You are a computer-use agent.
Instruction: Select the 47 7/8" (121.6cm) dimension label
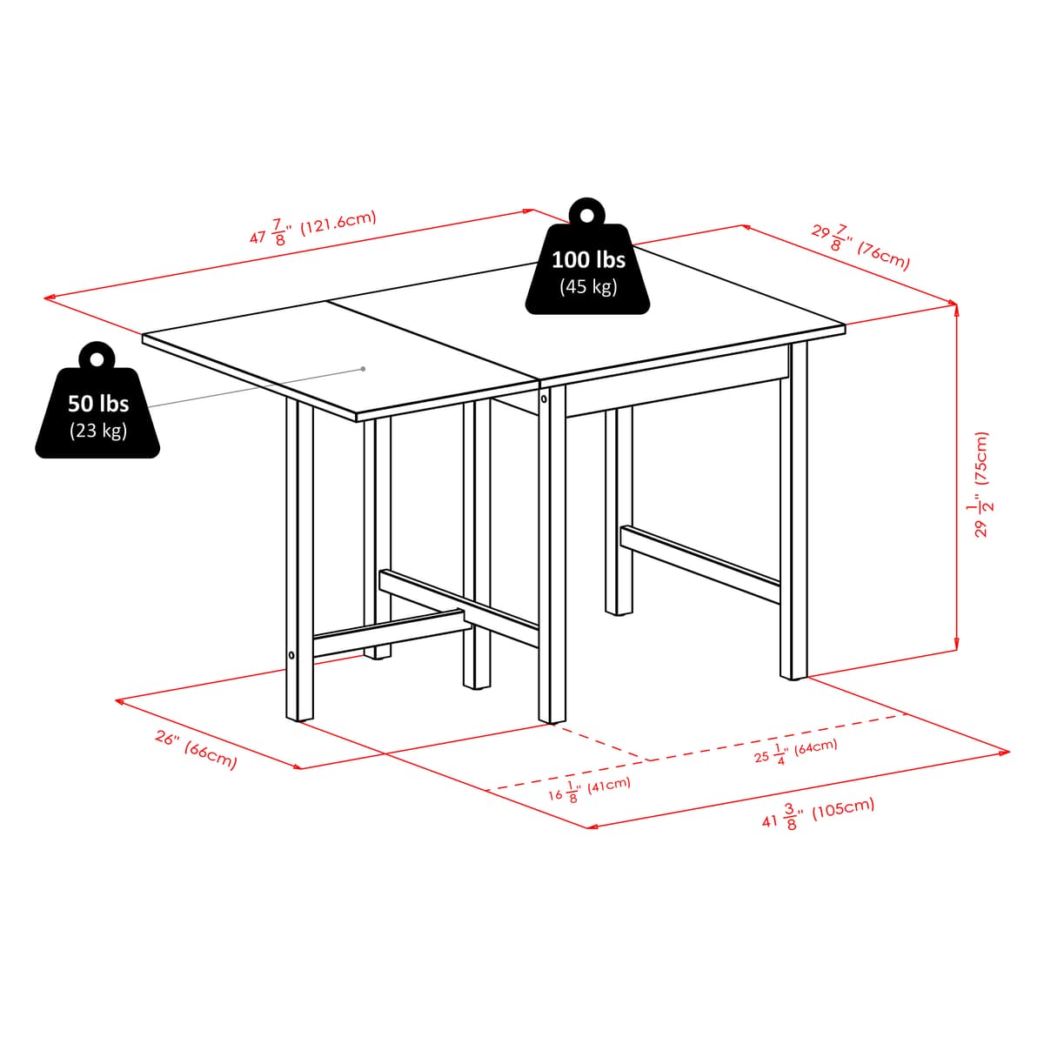[x=312, y=228]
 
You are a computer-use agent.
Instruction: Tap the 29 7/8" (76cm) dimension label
[x=861, y=247]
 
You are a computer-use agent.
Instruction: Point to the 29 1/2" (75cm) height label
[x=983, y=484]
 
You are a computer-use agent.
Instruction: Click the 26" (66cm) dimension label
[x=196, y=749]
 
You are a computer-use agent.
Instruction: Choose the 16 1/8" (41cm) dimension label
[x=589, y=789]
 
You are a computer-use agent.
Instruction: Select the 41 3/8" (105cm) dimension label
[x=818, y=813]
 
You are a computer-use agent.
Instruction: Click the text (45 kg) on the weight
[x=588, y=286]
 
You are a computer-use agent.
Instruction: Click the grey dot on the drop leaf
[x=364, y=369]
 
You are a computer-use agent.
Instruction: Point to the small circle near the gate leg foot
[x=291, y=654]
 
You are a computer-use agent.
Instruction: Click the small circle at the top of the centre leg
[x=544, y=400]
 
